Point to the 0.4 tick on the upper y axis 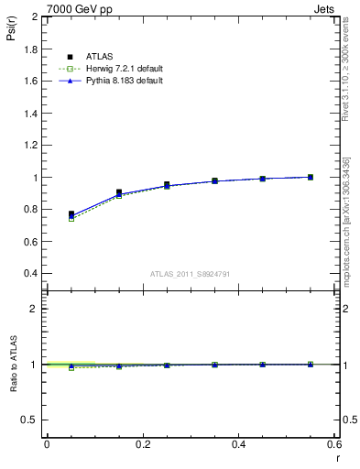pos(31,273)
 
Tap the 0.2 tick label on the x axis pos(142,443)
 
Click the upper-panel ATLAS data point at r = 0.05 pos(71,214)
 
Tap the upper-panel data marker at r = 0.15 pos(119,192)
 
